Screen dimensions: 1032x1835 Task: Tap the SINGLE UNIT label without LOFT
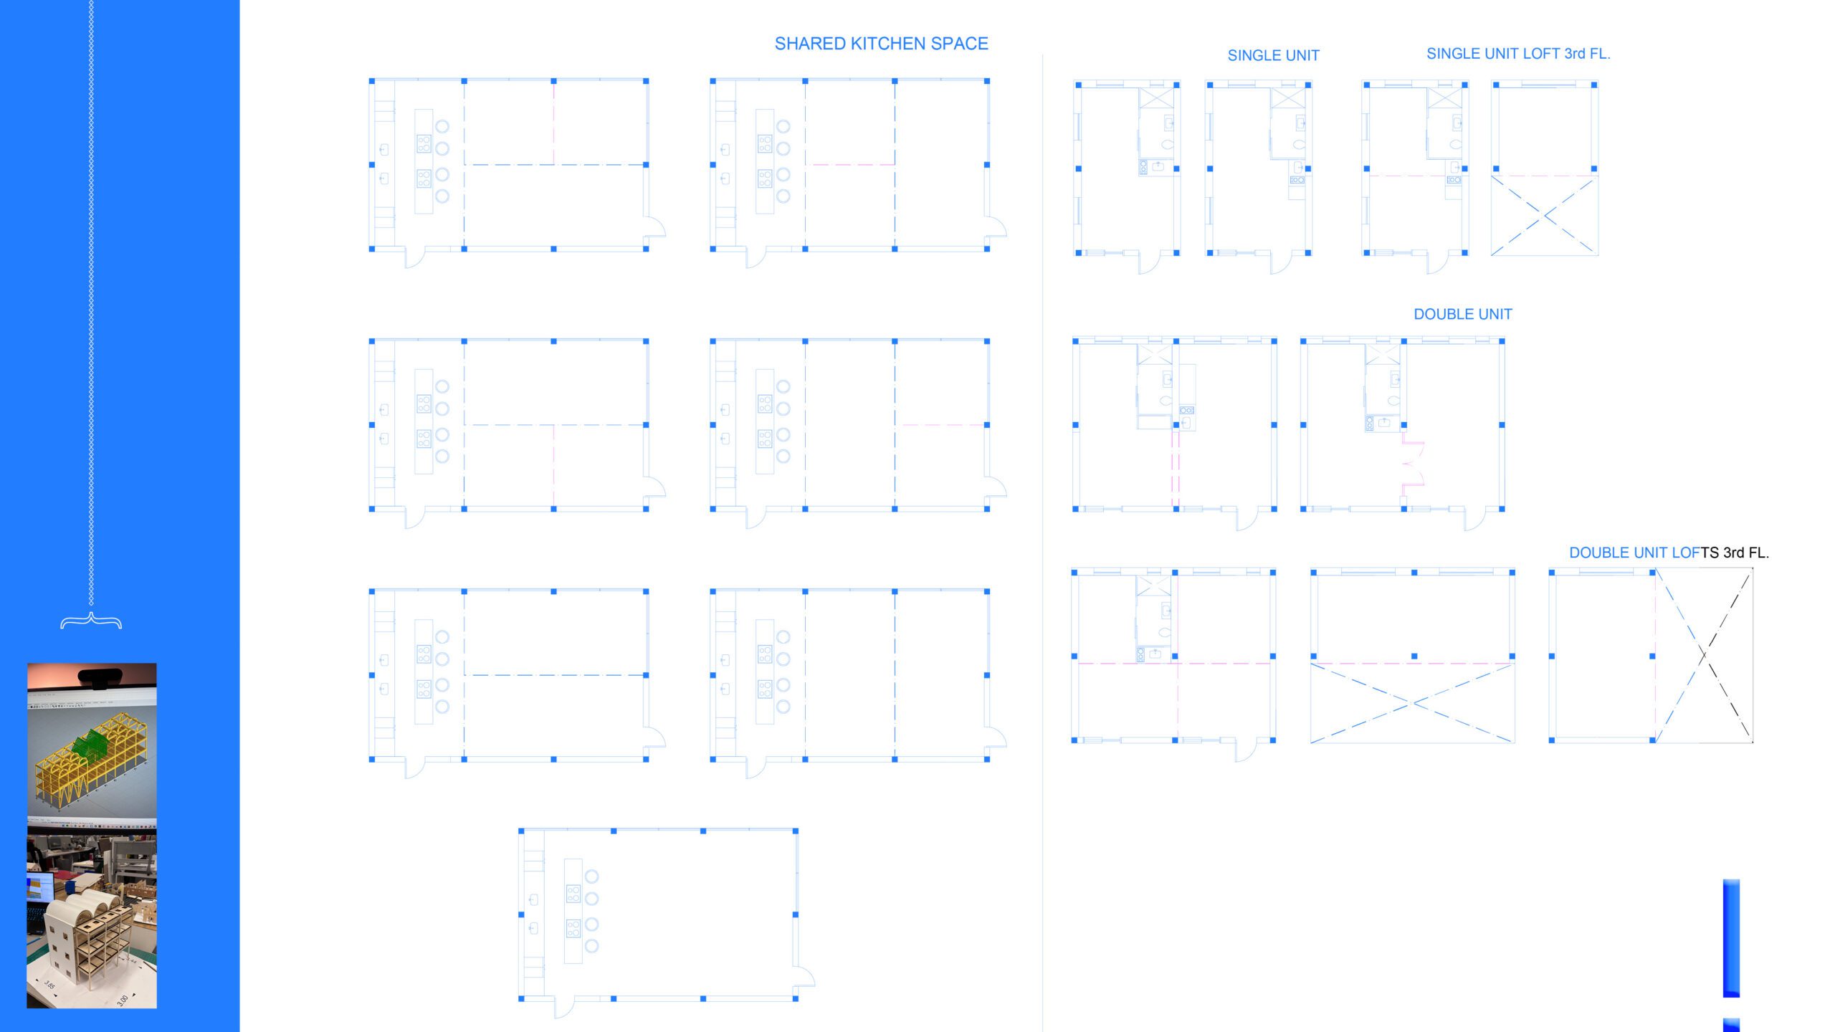pos(1273,56)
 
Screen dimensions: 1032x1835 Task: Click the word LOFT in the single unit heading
pos(1540,54)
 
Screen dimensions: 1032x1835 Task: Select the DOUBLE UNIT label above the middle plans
pos(1462,315)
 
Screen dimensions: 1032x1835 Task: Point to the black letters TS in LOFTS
pos(1710,553)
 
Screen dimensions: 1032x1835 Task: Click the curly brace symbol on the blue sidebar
pos(91,621)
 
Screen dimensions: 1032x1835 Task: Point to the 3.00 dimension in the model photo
pos(123,999)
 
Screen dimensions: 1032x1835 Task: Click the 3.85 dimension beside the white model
pos(49,985)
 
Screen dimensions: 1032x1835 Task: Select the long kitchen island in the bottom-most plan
pos(573,911)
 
